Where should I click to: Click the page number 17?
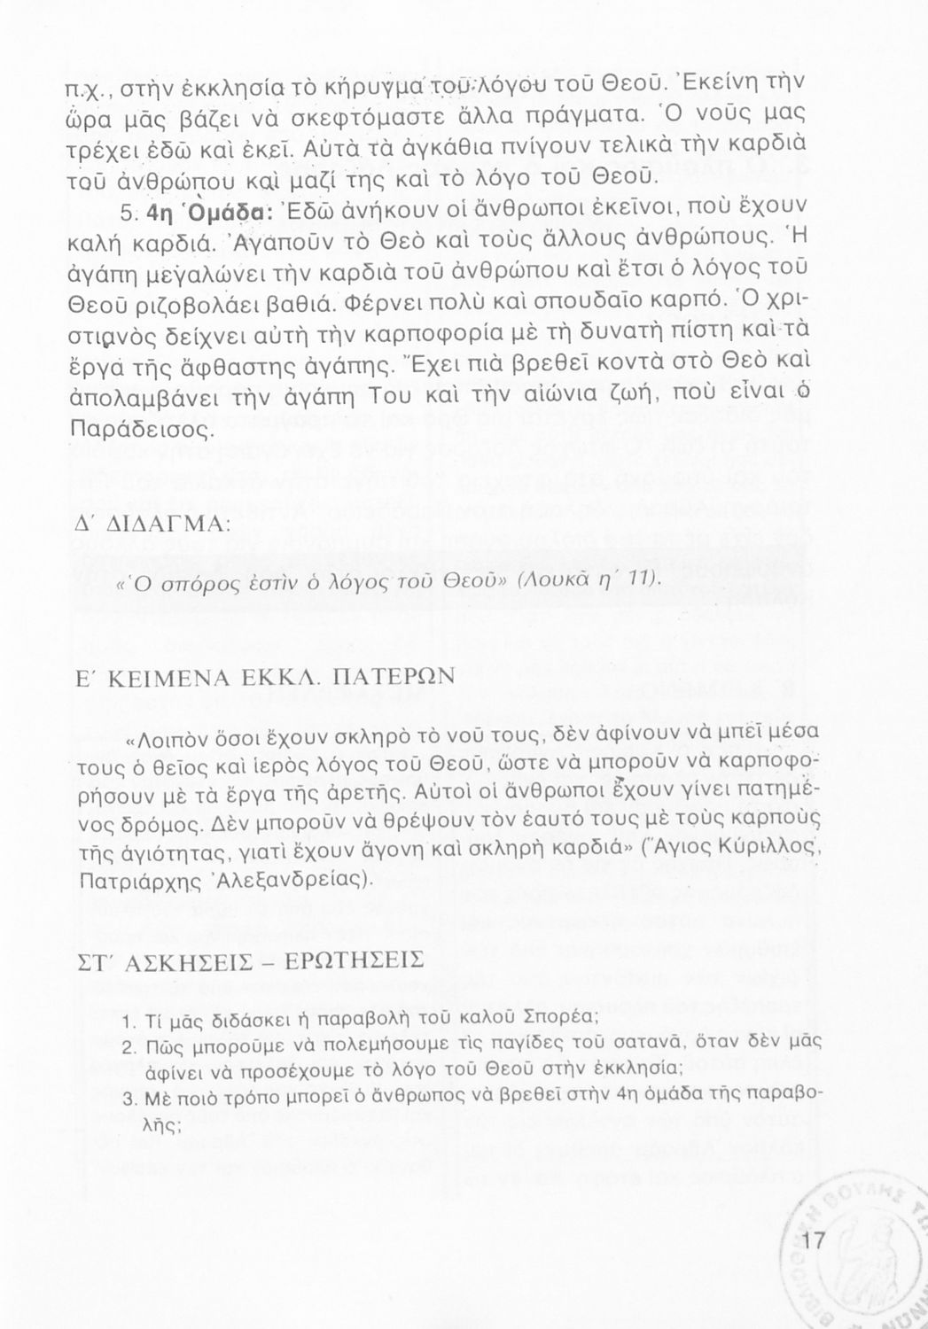[813, 1241]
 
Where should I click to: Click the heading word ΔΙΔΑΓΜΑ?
[165, 525]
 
